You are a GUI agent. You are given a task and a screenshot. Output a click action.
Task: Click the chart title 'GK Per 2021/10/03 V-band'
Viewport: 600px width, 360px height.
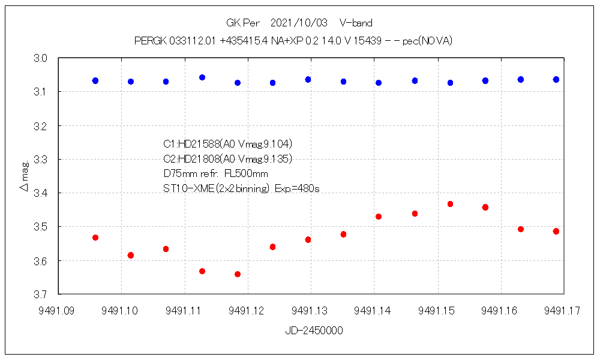pos(299,23)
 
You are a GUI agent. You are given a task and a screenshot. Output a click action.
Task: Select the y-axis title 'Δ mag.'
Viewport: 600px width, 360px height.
pos(24,176)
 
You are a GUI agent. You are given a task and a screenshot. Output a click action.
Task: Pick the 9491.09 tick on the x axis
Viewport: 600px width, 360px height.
pos(58,310)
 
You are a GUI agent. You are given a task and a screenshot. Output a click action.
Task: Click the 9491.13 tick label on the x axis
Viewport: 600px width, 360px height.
pos(311,310)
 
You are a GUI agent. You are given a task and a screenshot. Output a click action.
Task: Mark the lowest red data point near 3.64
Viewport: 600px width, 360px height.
pos(238,274)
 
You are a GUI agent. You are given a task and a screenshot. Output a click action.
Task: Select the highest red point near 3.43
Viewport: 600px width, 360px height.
pos(450,204)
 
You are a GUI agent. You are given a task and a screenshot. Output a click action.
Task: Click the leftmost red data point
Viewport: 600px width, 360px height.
pos(95,238)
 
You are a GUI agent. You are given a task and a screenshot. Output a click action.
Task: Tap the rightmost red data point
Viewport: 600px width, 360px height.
pos(556,231)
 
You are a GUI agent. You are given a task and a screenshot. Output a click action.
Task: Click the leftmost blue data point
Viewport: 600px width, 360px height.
pos(95,80)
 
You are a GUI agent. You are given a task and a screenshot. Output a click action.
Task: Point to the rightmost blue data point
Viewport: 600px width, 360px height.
pos(556,79)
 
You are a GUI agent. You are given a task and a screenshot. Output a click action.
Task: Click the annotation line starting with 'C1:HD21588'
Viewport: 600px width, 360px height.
pos(227,144)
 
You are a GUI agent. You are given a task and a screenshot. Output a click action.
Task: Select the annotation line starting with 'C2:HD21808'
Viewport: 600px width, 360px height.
pos(227,159)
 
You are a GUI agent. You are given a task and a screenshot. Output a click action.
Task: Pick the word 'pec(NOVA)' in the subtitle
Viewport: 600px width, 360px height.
pos(427,41)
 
